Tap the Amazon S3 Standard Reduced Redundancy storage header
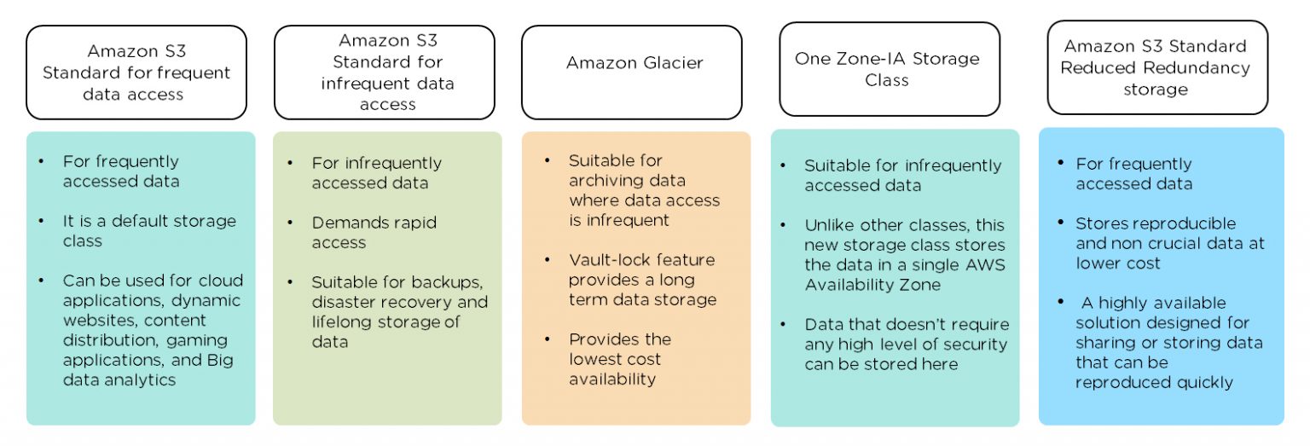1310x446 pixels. click(x=1156, y=67)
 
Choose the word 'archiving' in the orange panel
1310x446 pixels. click(x=606, y=181)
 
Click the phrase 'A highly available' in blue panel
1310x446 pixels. click(x=1142, y=303)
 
